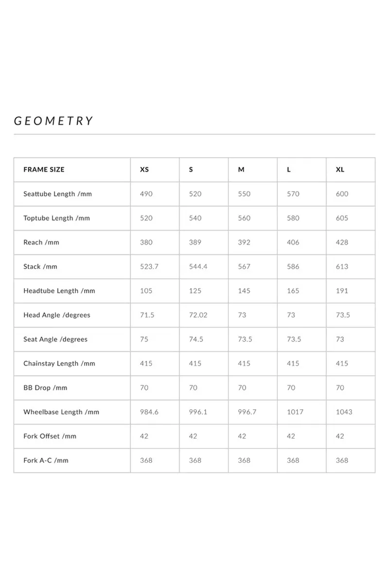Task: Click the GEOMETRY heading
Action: point(53,121)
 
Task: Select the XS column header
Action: point(144,170)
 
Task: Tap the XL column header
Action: point(340,170)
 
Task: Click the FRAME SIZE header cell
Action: point(44,170)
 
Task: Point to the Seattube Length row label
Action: point(57,194)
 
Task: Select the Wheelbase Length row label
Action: point(61,412)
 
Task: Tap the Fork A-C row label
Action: point(46,460)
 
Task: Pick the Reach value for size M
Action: point(244,242)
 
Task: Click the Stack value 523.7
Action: point(149,267)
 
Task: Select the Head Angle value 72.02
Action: point(198,315)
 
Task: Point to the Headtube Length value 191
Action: point(341,291)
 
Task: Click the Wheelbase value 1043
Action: point(344,412)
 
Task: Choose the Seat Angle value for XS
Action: point(144,339)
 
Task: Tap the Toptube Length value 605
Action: point(342,218)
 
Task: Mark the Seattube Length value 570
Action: point(293,194)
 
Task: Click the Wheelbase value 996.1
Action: point(198,412)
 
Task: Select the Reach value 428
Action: point(342,242)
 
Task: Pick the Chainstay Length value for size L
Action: point(293,364)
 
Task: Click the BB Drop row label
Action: point(45,388)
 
